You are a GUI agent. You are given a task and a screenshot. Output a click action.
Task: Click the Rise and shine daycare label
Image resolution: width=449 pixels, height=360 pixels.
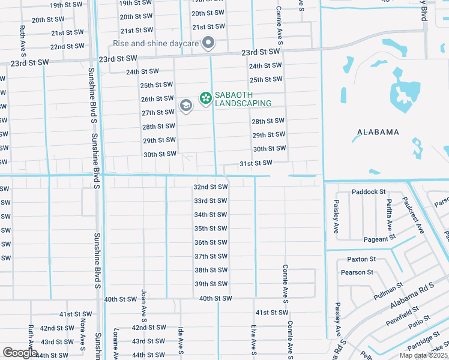pos(157,43)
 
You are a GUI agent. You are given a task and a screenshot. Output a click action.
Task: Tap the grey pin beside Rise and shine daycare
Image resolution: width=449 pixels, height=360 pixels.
pos(208,42)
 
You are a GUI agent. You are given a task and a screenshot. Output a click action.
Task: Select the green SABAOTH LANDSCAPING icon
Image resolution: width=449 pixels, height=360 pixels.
pos(205,97)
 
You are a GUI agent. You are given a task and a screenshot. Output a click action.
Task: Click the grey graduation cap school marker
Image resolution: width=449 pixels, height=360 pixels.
pos(185,106)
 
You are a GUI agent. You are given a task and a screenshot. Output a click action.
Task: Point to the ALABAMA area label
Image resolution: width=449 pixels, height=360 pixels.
pos(378,132)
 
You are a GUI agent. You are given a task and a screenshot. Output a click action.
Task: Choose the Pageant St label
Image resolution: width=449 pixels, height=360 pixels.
pos(379,239)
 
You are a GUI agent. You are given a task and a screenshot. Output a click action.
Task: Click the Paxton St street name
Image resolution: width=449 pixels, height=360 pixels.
pos(361,259)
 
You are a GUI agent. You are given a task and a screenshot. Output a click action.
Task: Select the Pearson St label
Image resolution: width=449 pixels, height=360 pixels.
pos(357,272)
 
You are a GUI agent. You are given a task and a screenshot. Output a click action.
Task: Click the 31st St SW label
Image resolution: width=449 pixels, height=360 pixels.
pos(256,163)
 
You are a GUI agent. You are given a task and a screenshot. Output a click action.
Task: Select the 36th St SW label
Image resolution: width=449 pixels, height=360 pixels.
pos(210,242)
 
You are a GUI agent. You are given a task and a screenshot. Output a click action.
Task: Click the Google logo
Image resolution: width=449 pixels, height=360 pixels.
pos(20,353)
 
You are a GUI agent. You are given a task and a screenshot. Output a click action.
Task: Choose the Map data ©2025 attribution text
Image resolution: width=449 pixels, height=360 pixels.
pos(423,355)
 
